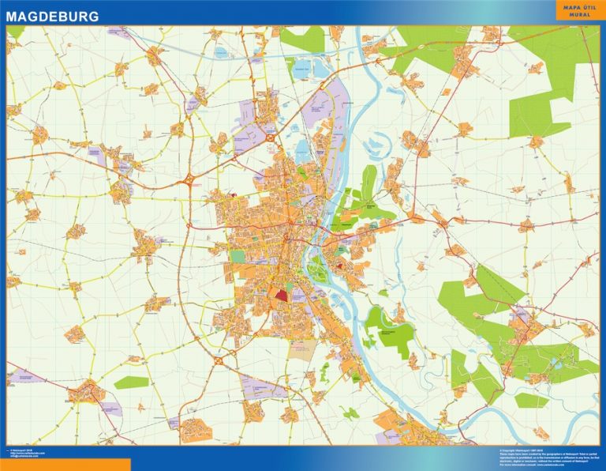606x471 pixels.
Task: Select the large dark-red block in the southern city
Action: pyautogui.click(x=282, y=295)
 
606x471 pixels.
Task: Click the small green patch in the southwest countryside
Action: pyautogui.click(x=131, y=382)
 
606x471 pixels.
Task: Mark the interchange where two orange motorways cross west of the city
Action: pyautogui.click(x=189, y=181)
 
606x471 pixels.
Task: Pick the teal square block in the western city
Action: pyautogui.click(x=238, y=257)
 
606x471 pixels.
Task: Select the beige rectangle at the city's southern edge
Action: pyautogui.click(x=301, y=349)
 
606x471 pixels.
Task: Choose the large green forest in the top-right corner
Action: pyautogui.click(x=552, y=71)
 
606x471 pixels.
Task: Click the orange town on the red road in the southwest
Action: pyautogui.click(x=85, y=390)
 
